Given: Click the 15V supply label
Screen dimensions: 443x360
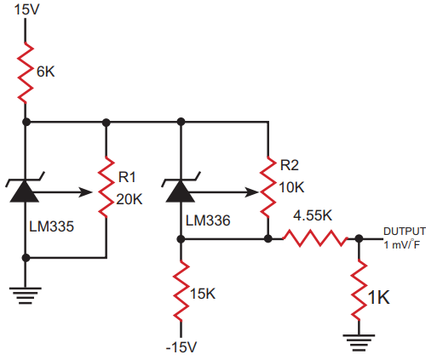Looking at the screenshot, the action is [x=26, y=9].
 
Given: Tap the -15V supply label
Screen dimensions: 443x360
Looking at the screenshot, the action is [x=181, y=347].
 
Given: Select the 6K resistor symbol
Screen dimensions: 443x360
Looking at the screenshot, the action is [x=26, y=73].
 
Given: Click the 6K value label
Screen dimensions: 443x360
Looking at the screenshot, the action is [x=45, y=71].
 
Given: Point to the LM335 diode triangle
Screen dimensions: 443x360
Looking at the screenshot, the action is [x=25, y=191].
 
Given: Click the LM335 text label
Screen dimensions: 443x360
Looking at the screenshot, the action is [x=51, y=226].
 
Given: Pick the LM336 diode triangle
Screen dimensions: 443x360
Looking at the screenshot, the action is [x=181, y=191].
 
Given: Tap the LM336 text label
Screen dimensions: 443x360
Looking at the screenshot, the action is [x=208, y=220].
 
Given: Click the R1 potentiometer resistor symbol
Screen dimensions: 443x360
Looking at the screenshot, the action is [x=106, y=186].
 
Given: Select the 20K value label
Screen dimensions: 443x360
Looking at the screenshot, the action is [x=129, y=199].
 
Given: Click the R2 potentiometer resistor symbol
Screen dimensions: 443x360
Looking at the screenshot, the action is [x=268, y=186].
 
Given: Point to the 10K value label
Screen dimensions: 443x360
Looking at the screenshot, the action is [x=291, y=187].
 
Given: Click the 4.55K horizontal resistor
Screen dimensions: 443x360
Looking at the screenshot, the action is [x=315, y=238].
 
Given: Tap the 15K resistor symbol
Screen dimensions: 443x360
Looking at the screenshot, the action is [x=181, y=291].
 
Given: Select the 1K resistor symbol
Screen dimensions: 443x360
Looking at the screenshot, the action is [x=359, y=290].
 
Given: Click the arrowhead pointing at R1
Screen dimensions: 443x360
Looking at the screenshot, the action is [x=85, y=192].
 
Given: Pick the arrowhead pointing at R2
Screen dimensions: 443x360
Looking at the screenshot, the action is [x=251, y=192].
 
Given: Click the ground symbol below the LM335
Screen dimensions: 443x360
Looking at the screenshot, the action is [x=26, y=296].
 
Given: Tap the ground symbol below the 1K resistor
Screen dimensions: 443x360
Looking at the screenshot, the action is [x=359, y=343].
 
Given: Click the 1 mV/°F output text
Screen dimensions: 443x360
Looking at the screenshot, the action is [x=402, y=245].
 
